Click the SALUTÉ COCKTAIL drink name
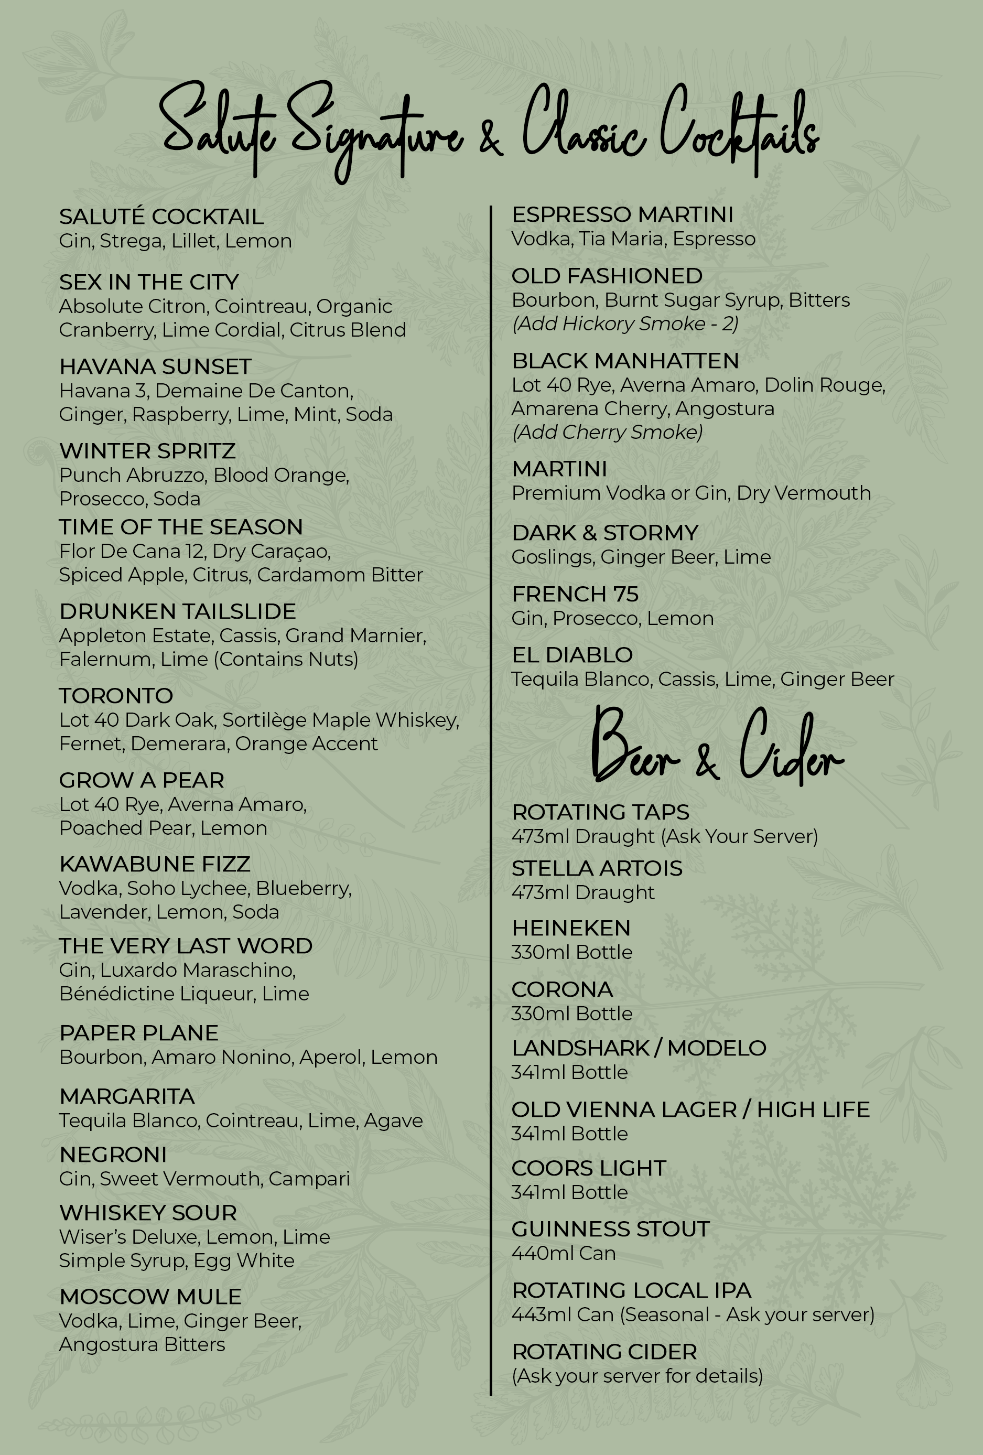pyautogui.click(x=161, y=217)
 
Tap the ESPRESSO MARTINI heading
pyautogui.click(x=622, y=215)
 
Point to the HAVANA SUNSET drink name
pyautogui.click(x=155, y=367)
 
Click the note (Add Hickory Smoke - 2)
pyautogui.click(x=624, y=324)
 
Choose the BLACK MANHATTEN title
pyautogui.click(x=625, y=361)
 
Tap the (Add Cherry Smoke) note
pyautogui.click(x=607, y=432)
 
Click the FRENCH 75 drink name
pyautogui.click(x=575, y=594)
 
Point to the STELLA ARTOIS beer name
pyautogui.click(x=597, y=868)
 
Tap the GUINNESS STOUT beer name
pyautogui.click(x=610, y=1229)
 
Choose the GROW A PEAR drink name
pyautogui.click(x=142, y=780)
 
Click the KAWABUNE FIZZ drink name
pyautogui.click(x=155, y=864)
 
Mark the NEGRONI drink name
pyautogui.click(x=113, y=1155)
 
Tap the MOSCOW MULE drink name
pyautogui.click(x=150, y=1297)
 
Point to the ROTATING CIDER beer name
pyautogui.click(x=603, y=1352)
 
